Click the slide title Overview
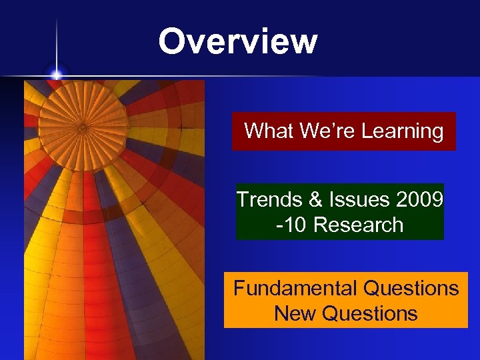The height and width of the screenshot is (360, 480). pyautogui.click(x=237, y=41)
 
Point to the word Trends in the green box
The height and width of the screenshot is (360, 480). pyautogui.click(x=265, y=200)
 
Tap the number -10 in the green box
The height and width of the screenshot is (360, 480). pyautogui.click(x=291, y=225)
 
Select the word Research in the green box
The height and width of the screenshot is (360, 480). pyautogui.click(x=358, y=225)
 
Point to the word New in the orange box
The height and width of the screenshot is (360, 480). pyautogui.click(x=294, y=313)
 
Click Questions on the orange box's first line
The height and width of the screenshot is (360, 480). pyautogui.click(x=411, y=289)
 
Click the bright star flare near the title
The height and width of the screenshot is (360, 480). pyautogui.click(x=57, y=74)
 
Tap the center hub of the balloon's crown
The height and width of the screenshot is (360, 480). pyautogui.click(x=83, y=127)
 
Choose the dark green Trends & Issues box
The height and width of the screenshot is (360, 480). pyautogui.click(x=340, y=212)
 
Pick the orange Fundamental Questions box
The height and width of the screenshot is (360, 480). pyautogui.click(x=345, y=301)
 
